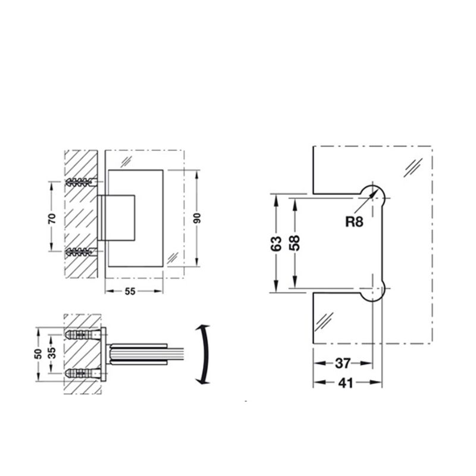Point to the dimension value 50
coord(38,353)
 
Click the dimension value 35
coord(52,353)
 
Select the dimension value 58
coord(295,243)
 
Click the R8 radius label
coord(354,221)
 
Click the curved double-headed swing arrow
coord(203,355)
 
